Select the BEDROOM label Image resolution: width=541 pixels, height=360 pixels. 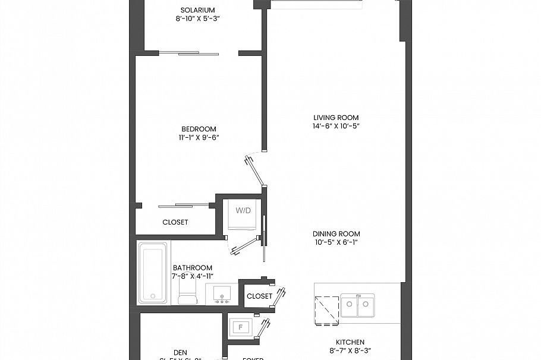199,129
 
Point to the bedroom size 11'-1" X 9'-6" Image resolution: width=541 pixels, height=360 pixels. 199,138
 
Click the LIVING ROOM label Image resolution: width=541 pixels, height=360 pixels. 336,118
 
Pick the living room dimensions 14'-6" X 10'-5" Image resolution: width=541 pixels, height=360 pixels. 336,127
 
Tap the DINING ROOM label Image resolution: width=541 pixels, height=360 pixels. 337,234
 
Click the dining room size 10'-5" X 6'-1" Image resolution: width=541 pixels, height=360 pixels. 337,242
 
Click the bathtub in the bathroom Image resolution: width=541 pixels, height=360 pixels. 154,272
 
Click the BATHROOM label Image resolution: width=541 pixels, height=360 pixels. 193,268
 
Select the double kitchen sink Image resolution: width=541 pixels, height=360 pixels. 357,305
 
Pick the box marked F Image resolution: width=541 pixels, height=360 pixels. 241,327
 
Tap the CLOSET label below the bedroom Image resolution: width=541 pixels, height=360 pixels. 175,222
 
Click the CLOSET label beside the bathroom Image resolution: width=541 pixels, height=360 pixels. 259,296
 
